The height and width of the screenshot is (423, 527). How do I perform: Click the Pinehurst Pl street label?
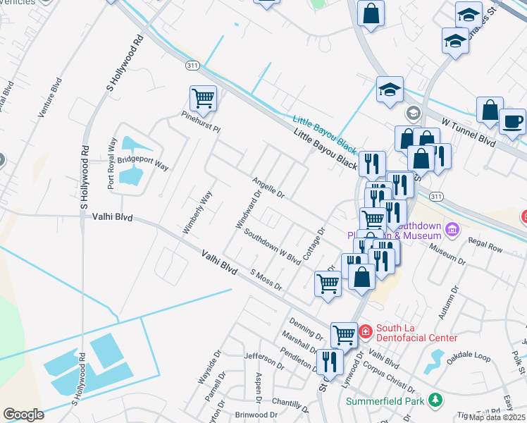coord(201,122)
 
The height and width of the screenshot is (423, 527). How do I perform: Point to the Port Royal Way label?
coord(111,167)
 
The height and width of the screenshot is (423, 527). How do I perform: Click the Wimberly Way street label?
coord(197,212)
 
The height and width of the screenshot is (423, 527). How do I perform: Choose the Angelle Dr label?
coord(268,188)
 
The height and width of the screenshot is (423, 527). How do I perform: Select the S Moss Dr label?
coord(266,279)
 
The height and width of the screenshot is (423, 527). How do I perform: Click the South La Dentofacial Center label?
coord(416,333)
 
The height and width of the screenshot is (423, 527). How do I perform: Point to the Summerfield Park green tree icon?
coord(435,400)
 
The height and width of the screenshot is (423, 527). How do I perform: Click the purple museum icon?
coord(452,229)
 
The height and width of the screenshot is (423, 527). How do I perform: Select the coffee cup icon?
coord(512,121)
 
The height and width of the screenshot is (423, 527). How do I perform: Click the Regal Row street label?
coord(485,248)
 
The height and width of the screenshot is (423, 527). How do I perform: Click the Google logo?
coord(23,415)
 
